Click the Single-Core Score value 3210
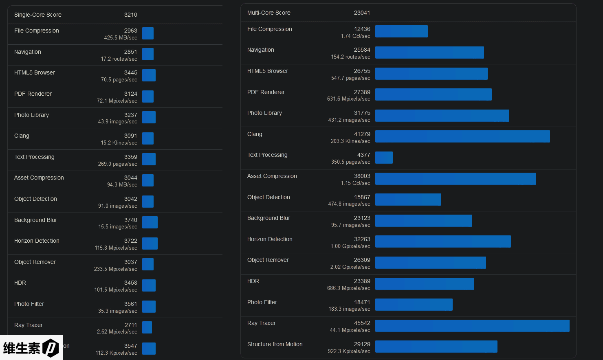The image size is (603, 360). (x=130, y=15)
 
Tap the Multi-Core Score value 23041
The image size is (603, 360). (x=362, y=13)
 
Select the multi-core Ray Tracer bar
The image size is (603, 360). (x=472, y=326)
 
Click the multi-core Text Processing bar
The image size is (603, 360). (x=384, y=158)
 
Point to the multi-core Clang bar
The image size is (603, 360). (x=462, y=136)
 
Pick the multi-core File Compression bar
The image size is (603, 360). (x=401, y=31)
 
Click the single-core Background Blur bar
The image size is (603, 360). (x=150, y=222)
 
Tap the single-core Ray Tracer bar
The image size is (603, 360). (x=147, y=327)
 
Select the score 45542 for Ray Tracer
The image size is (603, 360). (x=362, y=323)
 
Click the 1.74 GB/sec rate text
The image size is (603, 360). (x=355, y=36)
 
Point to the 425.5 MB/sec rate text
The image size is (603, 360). (x=121, y=38)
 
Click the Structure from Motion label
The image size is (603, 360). (x=275, y=344)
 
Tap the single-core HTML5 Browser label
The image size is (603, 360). (x=35, y=72)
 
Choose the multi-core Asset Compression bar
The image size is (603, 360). (x=456, y=179)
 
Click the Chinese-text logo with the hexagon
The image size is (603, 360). (x=31, y=348)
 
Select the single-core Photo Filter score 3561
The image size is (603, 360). (x=130, y=304)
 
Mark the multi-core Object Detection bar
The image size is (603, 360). (x=408, y=200)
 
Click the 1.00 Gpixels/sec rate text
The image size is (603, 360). (x=350, y=246)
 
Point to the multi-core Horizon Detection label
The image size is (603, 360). (x=270, y=239)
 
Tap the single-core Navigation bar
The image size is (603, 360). (x=148, y=54)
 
